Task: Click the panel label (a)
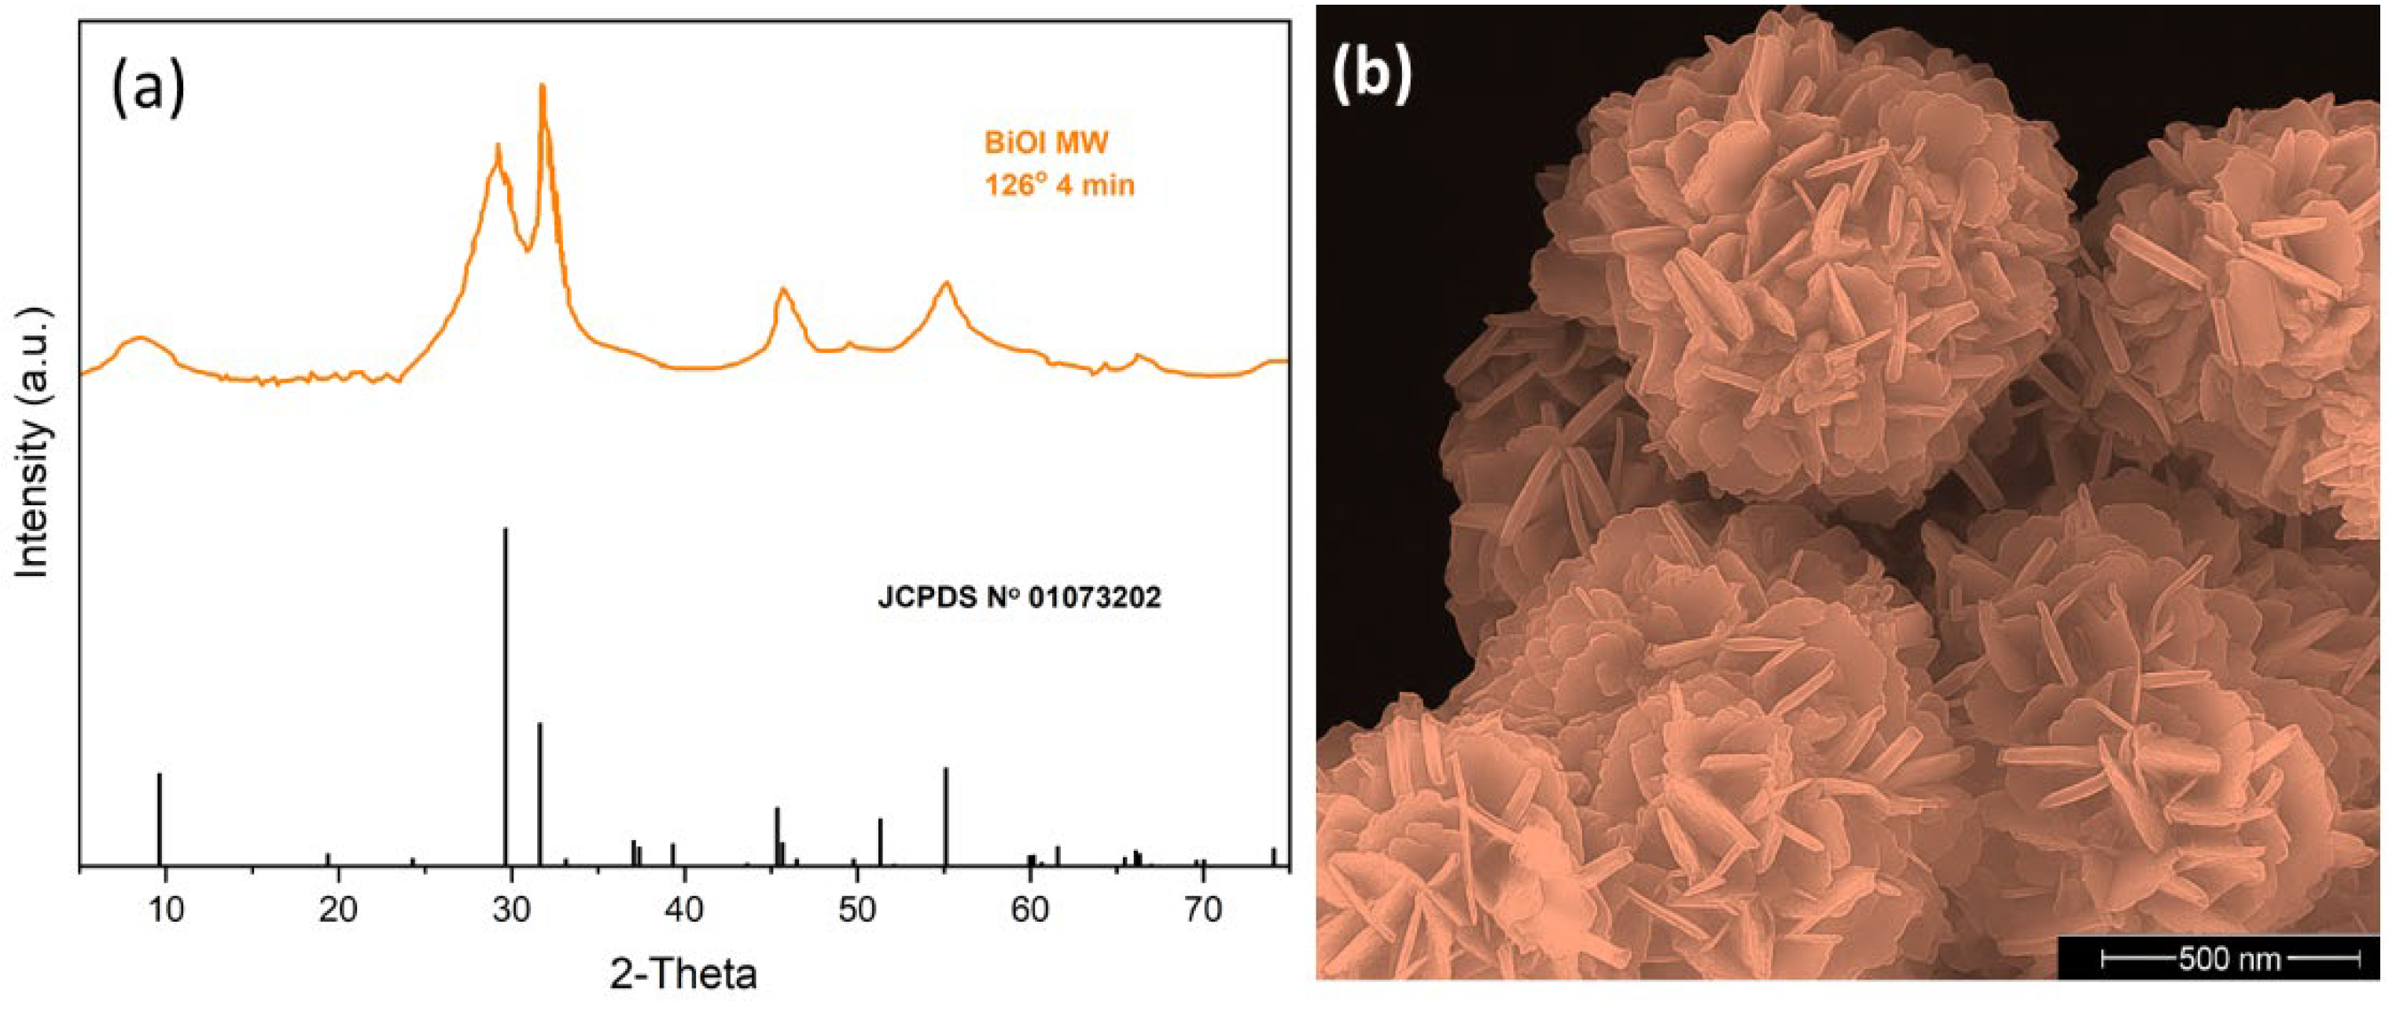[x=149, y=90]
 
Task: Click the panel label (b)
[x=1371, y=75]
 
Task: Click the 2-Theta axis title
[x=683, y=974]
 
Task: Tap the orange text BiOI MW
[x=1046, y=143]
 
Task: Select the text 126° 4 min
[x=1058, y=185]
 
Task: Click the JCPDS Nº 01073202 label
[x=1018, y=598]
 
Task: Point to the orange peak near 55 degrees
[x=946, y=284]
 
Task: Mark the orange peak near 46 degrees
[x=783, y=292]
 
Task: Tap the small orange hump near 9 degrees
[x=140, y=339]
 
